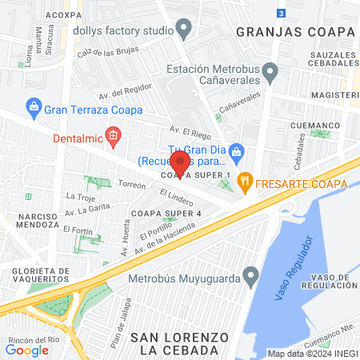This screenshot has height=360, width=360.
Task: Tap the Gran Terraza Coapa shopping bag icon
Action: [x=34, y=106]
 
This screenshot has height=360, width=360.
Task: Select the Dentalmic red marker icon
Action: [x=114, y=135]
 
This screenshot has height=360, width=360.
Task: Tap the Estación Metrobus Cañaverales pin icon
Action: [x=271, y=74]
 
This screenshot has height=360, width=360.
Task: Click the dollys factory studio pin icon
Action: [x=184, y=31]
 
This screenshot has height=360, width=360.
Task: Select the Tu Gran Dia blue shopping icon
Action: [x=236, y=150]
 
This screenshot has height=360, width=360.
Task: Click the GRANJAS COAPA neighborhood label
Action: [x=295, y=31]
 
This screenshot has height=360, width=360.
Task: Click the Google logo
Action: [x=26, y=350]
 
